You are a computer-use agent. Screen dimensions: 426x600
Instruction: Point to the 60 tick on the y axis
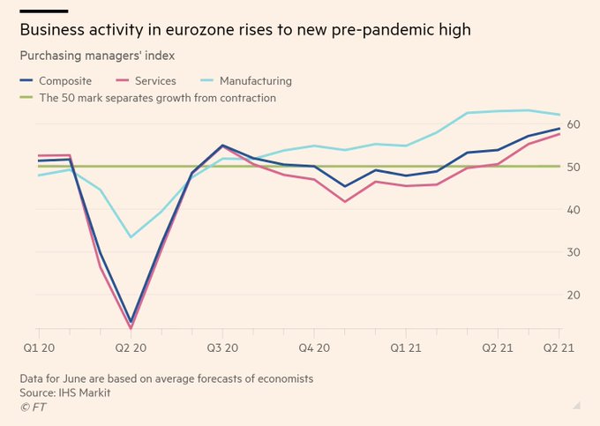point(574,124)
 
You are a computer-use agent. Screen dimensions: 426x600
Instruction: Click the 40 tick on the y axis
point(574,210)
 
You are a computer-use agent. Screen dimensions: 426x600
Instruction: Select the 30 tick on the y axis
point(574,252)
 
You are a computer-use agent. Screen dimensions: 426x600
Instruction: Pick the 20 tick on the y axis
point(574,295)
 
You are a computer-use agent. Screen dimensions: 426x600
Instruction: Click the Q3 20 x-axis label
point(222,348)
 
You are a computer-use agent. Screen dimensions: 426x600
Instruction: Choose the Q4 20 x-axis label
point(314,348)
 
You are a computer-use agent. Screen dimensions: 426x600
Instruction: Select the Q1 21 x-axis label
point(405,348)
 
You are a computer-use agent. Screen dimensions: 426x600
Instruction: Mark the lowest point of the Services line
point(131,328)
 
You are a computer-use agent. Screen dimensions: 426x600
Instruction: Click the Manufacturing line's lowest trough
point(131,236)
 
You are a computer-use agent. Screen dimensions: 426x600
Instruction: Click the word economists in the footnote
point(283,378)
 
